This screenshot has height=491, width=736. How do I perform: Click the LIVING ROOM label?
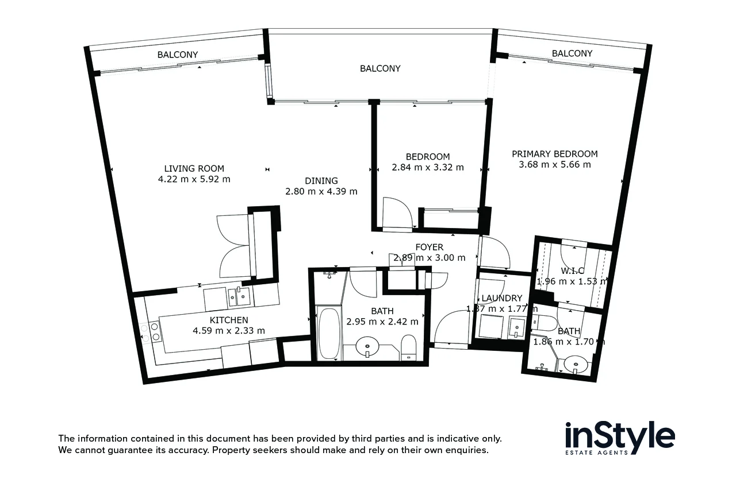coord(194,168)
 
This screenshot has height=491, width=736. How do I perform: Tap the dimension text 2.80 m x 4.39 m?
coord(321,191)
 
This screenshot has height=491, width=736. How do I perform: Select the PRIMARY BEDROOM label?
coord(554,154)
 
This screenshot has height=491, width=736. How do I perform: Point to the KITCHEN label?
coord(228,320)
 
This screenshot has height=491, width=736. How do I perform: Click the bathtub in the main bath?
coord(329,333)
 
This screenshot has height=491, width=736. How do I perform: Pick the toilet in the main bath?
coord(408,347)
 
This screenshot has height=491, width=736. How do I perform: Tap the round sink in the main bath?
coord(367,347)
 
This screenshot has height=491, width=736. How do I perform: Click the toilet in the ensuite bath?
coord(544,322)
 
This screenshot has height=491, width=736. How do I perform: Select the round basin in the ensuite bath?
coord(574,364)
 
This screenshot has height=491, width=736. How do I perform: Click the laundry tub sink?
coord(516,327)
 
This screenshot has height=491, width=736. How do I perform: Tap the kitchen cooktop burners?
coord(154,333)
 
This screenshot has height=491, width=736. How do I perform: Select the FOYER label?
coord(429,247)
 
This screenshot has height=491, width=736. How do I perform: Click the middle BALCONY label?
coord(380,68)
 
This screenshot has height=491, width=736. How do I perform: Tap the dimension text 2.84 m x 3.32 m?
coord(427,168)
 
